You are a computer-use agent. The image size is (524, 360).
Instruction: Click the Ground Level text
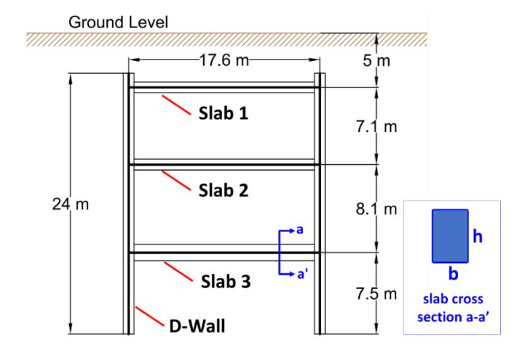coord(118,23)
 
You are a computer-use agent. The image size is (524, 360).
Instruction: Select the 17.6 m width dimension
coord(224,61)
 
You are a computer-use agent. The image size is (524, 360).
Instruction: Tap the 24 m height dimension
coord(70,204)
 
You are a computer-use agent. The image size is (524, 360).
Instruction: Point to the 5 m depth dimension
coord(377,61)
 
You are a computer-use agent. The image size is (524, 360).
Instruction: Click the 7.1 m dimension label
coord(377,127)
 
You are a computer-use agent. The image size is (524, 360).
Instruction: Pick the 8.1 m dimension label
coord(377,209)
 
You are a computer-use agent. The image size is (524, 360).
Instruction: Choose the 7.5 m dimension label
coord(377,294)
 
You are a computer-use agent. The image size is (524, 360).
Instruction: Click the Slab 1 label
coord(223,113)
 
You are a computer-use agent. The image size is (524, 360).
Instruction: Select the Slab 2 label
coord(223,190)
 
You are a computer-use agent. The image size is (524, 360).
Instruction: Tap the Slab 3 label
coord(226,281)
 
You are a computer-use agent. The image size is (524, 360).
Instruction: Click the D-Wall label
coord(197,326)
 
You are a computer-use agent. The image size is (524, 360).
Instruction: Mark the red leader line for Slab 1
coord(176,105)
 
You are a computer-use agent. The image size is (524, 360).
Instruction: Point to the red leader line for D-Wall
coord(150,316)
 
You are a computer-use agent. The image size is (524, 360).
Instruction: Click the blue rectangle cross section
coord(450,236)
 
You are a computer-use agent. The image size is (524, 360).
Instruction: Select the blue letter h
coord(477,237)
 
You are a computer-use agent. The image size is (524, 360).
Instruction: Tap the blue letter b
coord(453,273)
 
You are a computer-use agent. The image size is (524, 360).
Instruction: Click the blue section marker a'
coord(302,274)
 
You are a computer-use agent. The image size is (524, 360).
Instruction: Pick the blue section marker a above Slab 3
coord(300,230)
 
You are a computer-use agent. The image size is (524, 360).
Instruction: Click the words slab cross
coord(453,299)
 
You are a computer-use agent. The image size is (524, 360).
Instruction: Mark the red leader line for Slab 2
coord(176,180)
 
